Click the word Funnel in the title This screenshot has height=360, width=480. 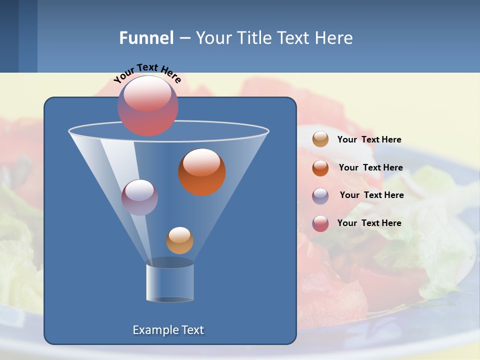tap(146, 38)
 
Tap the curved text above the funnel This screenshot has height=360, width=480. tap(147, 73)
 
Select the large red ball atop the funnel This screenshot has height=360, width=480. tap(148, 106)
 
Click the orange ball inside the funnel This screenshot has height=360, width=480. tap(202, 172)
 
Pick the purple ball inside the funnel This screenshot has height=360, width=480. tap(139, 197)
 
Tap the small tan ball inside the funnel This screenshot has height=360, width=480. tap(179, 240)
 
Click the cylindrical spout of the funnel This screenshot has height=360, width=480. tap(169, 282)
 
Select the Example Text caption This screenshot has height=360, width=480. tap(168, 330)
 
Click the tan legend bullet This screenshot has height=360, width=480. tap(320, 139)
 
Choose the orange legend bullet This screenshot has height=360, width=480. tap(320, 168)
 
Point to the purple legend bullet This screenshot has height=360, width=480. tap(320, 196)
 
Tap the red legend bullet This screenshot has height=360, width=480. tap(320, 223)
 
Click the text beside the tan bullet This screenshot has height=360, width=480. tap(369, 140)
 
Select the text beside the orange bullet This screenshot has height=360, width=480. tap(370, 168)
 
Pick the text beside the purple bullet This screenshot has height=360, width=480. tap(371, 195)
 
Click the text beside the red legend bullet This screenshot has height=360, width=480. tap(369, 223)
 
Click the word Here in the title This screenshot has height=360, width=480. tap(333, 38)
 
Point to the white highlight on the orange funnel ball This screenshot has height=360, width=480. tap(201, 162)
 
